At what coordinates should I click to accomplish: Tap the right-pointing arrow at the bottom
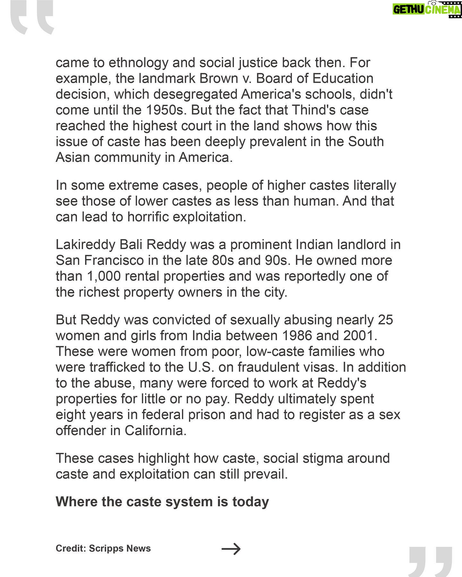(231, 548)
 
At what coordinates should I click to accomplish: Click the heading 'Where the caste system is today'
(162, 502)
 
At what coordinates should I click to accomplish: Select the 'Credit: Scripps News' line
(103, 548)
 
